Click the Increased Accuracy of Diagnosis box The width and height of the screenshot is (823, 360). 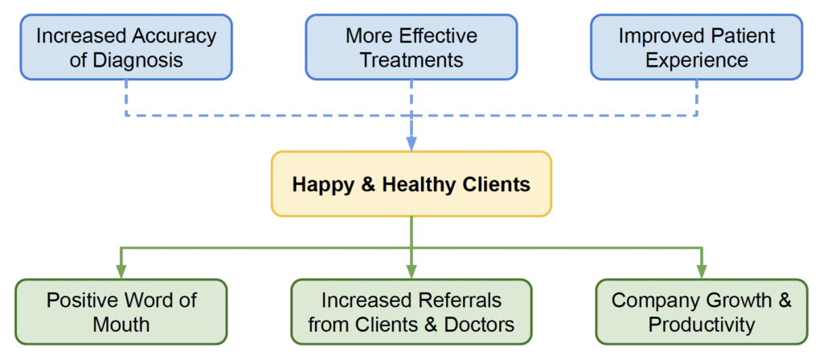[x=126, y=47]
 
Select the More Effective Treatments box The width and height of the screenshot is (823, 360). [x=411, y=47]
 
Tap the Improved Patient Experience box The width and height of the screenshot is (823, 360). [x=696, y=47]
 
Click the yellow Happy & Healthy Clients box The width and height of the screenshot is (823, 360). [x=411, y=184]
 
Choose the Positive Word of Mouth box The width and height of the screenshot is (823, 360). [x=121, y=312]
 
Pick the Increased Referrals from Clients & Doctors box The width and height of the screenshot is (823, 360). [x=411, y=312]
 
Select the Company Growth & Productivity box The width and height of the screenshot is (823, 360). [x=701, y=312]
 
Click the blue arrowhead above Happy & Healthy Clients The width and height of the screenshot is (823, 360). [x=411, y=143]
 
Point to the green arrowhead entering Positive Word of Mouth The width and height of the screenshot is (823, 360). [x=121, y=272]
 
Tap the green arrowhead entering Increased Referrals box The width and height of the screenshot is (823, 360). [x=411, y=272]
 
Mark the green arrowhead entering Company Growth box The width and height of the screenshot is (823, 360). [x=701, y=272]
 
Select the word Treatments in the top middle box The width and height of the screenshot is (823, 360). [x=411, y=60]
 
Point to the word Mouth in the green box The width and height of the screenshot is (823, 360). [x=121, y=325]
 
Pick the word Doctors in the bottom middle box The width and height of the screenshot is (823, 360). [x=475, y=325]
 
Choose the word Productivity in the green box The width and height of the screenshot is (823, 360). [x=701, y=325]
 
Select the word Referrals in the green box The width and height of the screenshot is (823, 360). [x=456, y=300]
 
